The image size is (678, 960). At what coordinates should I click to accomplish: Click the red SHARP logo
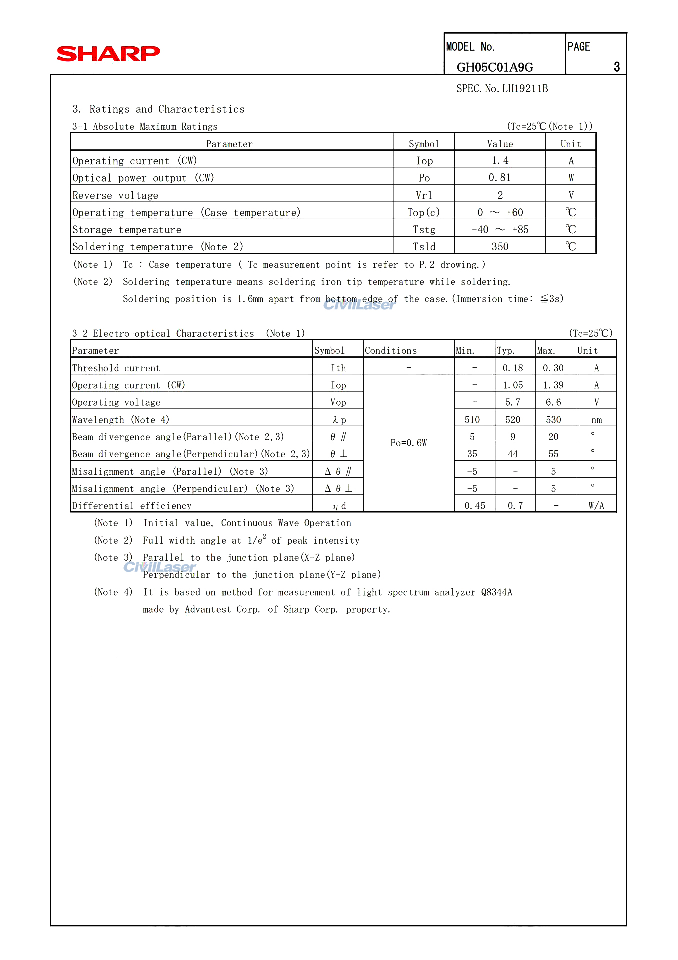(x=108, y=53)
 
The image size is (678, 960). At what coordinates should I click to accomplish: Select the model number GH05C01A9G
(x=495, y=67)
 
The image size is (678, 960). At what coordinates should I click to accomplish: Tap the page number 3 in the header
(x=617, y=67)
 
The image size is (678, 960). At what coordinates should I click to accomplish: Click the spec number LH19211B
(x=525, y=89)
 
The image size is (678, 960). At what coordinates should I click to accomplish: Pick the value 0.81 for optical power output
(x=499, y=178)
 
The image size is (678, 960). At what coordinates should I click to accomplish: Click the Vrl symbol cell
(x=424, y=195)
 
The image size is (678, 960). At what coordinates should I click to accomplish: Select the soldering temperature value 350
(x=499, y=247)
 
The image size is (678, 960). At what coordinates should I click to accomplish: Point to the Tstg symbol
(x=424, y=230)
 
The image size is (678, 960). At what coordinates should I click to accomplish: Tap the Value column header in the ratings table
(x=500, y=144)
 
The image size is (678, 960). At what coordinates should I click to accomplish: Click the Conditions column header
(x=390, y=351)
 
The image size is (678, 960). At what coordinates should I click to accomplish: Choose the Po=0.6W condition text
(x=408, y=443)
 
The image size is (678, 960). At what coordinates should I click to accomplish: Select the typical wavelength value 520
(x=513, y=420)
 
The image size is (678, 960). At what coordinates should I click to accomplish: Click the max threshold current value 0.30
(x=553, y=368)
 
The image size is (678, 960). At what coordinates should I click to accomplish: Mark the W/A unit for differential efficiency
(x=596, y=506)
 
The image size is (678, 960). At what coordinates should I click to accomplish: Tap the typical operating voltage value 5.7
(x=513, y=402)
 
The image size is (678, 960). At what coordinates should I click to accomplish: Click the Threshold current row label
(x=116, y=368)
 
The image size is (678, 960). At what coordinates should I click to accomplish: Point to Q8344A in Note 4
(x=496, y=592)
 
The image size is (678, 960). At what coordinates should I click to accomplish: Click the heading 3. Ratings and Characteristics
(x=159, y=109)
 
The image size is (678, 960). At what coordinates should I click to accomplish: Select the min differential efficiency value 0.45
(x=475, y=506)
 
